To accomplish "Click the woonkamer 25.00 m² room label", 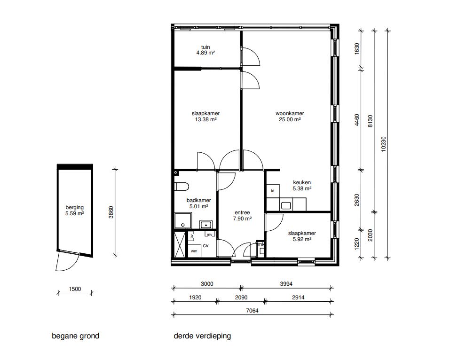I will click(290, 117).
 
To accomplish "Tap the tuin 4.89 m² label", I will click(205, 50).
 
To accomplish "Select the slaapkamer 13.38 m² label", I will click(205, 117).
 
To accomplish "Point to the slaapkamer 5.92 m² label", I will click(301, 236).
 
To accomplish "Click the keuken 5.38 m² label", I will click(302, 186).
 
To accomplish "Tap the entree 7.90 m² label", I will click(242, 216).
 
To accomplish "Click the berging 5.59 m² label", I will click(75, 210).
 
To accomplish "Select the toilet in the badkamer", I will click(181, 187).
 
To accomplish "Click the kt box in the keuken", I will click(272, 191).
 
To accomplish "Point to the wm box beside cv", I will click(194, 251).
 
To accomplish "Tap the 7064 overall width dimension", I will click(253, 311).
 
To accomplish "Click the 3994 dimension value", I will click(286, 284).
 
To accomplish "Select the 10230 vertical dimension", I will click(384, 143).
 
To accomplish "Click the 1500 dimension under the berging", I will click(75, 290).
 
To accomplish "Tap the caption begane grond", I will click(75, 336).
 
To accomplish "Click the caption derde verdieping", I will click(202, 336).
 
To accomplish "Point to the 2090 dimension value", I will click(241, 297).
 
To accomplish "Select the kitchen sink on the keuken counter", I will click(285, 205).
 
